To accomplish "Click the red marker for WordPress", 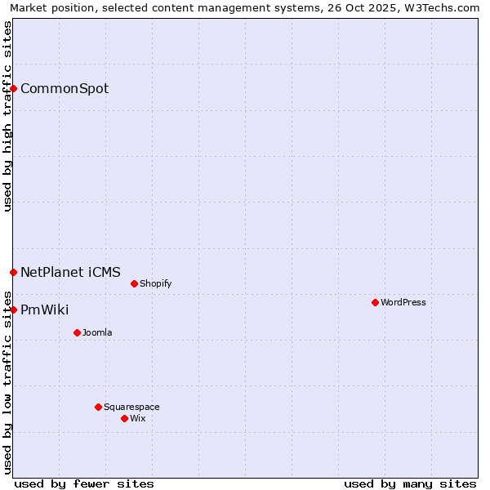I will point(375,302).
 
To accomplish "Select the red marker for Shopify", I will point(134,283).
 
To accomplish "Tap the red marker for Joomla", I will point(77,332).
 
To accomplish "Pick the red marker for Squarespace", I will point(98,407).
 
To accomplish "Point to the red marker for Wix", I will point(124,418).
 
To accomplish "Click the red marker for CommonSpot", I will point(14,88).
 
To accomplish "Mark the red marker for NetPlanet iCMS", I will point(14,272).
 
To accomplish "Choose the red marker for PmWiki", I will point(14,310).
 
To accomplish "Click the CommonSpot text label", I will point(65,89).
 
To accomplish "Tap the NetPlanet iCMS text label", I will point(70,273).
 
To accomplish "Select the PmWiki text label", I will point(44,310).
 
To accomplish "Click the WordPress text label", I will point(403,303).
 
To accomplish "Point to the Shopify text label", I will point(156,284).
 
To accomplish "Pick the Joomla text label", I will point(97,333).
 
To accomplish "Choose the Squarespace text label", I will point(131,408).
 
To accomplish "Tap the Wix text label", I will point(138,419).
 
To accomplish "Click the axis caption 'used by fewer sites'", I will point(84,483).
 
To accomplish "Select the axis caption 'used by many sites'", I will point(410,483).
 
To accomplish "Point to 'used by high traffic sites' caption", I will point(7,116).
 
